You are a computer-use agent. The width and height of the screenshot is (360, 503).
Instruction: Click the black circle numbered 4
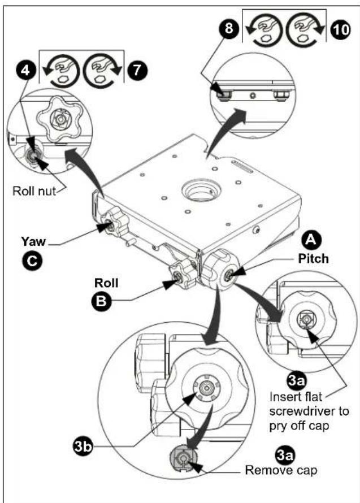pyautogui.click(x=25, y=70)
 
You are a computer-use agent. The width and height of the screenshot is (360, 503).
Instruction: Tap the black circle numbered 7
pyautogui.click(x=138, y=70)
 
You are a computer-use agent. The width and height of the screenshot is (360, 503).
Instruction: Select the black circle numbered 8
pyautogui.click(x=228, y=28)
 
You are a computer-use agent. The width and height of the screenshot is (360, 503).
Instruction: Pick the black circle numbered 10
pyautogui.click(x=341, y=29)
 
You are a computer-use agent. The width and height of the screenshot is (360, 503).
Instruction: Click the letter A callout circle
pyautogui.click(x=311, y=240)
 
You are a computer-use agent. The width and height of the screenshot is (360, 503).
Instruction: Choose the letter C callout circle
pyautogui.click(x=32, y=262)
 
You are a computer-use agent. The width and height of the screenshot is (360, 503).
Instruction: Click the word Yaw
pyautogui.click(x=33, y=241)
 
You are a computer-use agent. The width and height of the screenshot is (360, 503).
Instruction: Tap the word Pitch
pyautogui.click(x=314, y=258)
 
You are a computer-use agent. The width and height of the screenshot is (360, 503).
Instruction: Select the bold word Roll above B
pyautogui.click(x=106, y=283)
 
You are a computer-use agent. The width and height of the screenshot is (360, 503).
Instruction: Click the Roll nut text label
pyautogui.click(x=34, y=191)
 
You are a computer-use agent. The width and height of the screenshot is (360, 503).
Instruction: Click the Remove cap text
pyautogui.click(x=281, y=470)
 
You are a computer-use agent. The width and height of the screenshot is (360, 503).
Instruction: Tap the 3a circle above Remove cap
pyautogui.click(x=285, y=455)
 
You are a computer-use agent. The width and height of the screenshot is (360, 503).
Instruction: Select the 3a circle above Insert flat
pyautogui.click(x=296, y=380)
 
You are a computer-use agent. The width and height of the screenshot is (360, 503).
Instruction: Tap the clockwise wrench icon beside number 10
pyautogui.click(x=302, y=29)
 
